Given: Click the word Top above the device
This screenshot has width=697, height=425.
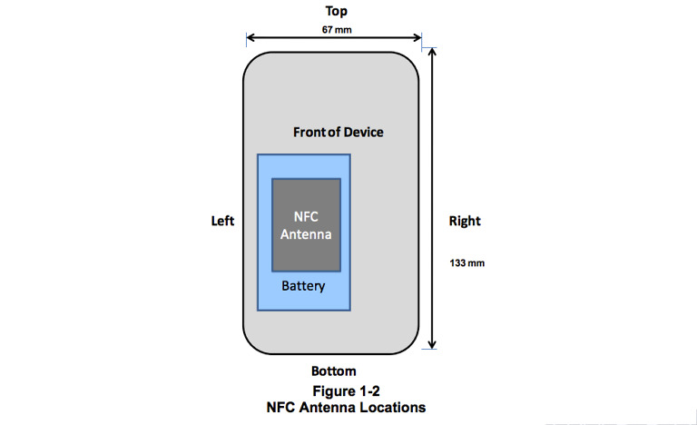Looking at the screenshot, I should (x=337, y=12).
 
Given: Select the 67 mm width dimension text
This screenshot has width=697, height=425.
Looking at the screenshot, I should (x=337, y=29).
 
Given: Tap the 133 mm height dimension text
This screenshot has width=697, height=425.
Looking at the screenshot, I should (x=465, y=263).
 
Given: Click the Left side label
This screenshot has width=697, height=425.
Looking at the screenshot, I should (x=222, y=221).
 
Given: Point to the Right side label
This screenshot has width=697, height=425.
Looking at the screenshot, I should (x=465, y=221).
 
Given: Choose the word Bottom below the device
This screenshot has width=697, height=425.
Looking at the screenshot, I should (x=334, y=371).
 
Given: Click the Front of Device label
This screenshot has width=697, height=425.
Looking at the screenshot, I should (x=338, y=133).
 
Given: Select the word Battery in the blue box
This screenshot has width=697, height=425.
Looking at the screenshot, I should (x=303, y=286).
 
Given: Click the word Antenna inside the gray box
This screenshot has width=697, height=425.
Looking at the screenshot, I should (x=307, y=233).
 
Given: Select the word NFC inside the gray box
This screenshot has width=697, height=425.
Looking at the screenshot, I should (x=307, y=217).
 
